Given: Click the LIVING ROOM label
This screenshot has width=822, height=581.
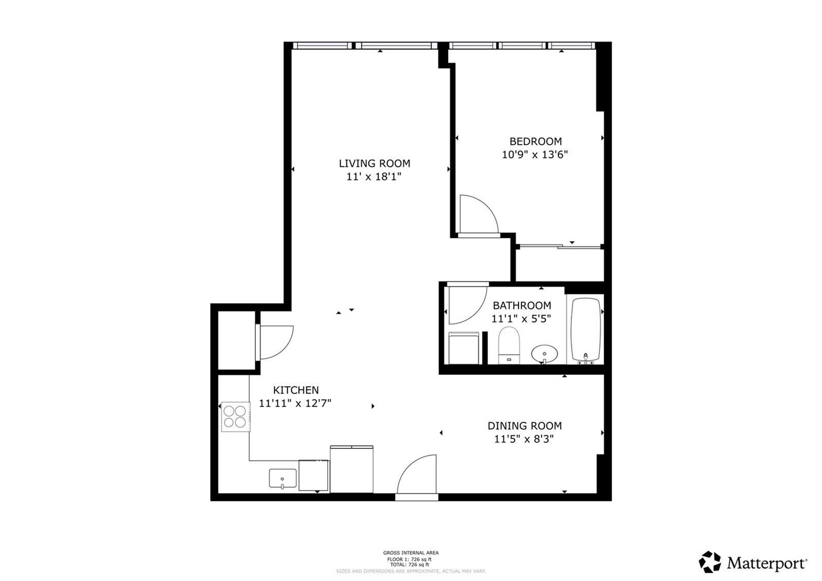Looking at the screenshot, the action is (375, 164).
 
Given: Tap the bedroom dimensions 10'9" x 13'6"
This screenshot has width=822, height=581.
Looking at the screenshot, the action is (535, 155).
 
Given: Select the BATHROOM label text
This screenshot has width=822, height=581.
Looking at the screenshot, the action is (522, 305).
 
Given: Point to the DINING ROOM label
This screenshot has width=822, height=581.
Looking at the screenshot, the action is (525, 426).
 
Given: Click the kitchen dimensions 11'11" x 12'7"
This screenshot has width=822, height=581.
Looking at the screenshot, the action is (295, 403).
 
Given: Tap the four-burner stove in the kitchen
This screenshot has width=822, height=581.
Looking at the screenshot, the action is (235, 417).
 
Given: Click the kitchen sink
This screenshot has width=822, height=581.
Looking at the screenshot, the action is (283, 479).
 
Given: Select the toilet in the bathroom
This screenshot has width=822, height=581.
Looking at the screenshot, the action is (509, 345).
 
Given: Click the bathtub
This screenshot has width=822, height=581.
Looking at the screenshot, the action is (585, 331).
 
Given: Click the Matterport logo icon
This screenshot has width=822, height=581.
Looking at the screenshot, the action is (710, 562).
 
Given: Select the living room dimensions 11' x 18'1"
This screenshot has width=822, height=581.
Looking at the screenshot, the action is (374, 177).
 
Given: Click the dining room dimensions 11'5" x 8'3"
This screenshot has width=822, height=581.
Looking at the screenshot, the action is (524, 439).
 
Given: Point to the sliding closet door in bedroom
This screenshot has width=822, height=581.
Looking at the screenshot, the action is (560, 246).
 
